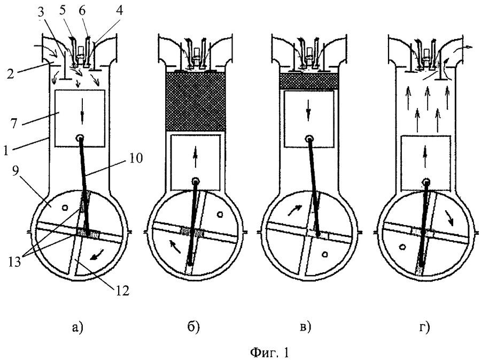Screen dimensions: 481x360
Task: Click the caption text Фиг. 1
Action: (270, 352)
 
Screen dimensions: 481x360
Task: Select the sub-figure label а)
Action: (77, 327)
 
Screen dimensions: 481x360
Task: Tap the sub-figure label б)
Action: (193, 327)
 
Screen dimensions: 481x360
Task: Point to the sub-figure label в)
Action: (305, 327)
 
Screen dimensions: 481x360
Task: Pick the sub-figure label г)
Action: (424, 327)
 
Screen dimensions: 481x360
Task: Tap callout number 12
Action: (122, 290)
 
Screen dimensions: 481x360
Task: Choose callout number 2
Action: (11, 73)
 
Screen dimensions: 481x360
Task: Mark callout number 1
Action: (5, 150)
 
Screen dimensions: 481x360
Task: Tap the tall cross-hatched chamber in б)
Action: (196, 101)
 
